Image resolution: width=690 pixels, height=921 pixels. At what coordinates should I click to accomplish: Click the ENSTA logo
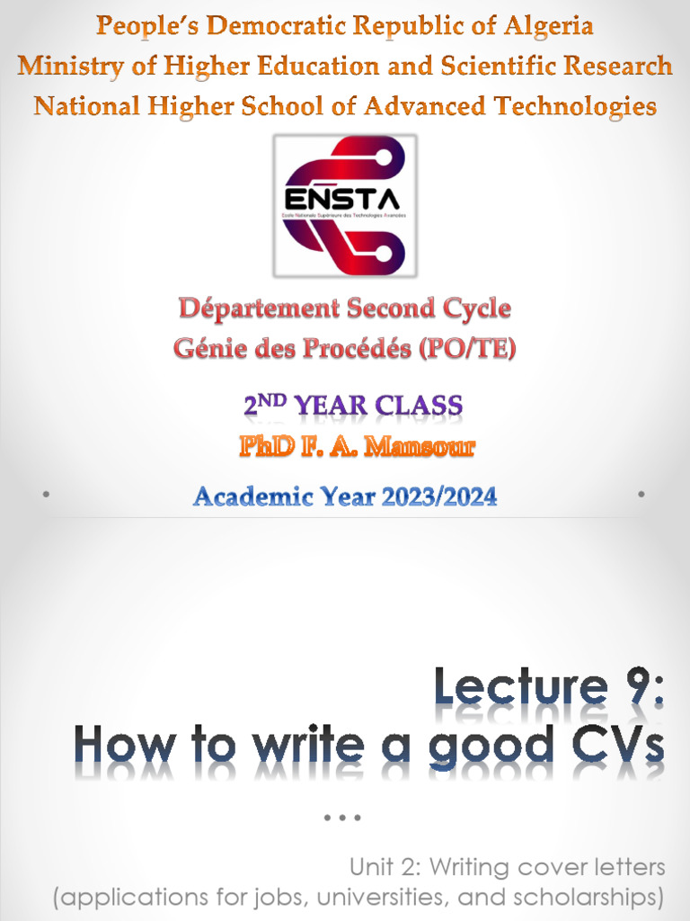(344, 205)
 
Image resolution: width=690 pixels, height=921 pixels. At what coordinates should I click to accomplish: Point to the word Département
(254, 308)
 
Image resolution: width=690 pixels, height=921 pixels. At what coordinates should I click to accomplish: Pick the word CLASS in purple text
(419, 406)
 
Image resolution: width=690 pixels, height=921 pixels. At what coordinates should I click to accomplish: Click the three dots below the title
(343, 818)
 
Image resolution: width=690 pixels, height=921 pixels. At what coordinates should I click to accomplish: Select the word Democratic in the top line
(255, 26)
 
